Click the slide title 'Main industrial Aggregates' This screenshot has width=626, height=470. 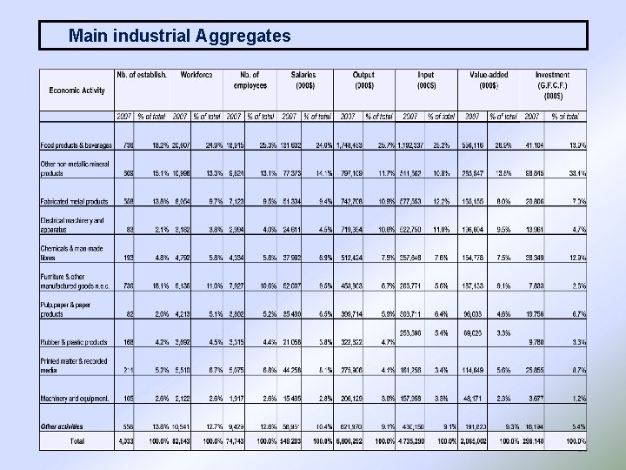click(x=179, y=36)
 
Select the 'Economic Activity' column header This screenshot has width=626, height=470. click(x=77, y=90)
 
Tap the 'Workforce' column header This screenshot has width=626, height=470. click(x=196, y=75)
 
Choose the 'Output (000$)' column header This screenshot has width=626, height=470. click(x=363, y=80)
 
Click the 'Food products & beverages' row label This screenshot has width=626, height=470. click(x=76, y=144)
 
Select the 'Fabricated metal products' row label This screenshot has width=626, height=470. click(x=74, y=202)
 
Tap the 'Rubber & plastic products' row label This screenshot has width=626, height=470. click(x=74, y=341)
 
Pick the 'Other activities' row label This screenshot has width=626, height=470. click(x=62, y=426)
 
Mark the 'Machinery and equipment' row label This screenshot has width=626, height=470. click(x=73, y=399)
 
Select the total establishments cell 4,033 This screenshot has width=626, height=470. click(x=126, y=443)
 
